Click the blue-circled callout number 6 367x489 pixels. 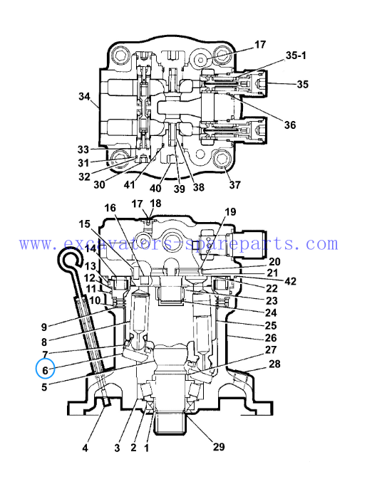pyautogui.click(x=45, y=370)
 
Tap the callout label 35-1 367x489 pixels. pyautogui.click(x=296, y=56)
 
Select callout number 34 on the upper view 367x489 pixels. pyautogui.click(x=84, y=96)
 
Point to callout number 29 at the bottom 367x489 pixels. pyautogui.click(x=219, y=446)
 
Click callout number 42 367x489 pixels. pyautogui.click(x=290, y=281)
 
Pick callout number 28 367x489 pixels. pyautogui.click(x=274, y=364)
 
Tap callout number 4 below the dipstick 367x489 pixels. pyautogui.click(x=86, y=448)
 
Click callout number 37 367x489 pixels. pyautogui.click(x=235, y=184)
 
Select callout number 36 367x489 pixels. pyautogui.click(x=290, y=125)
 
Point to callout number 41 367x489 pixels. pyautogui.click(x=129, y=184)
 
